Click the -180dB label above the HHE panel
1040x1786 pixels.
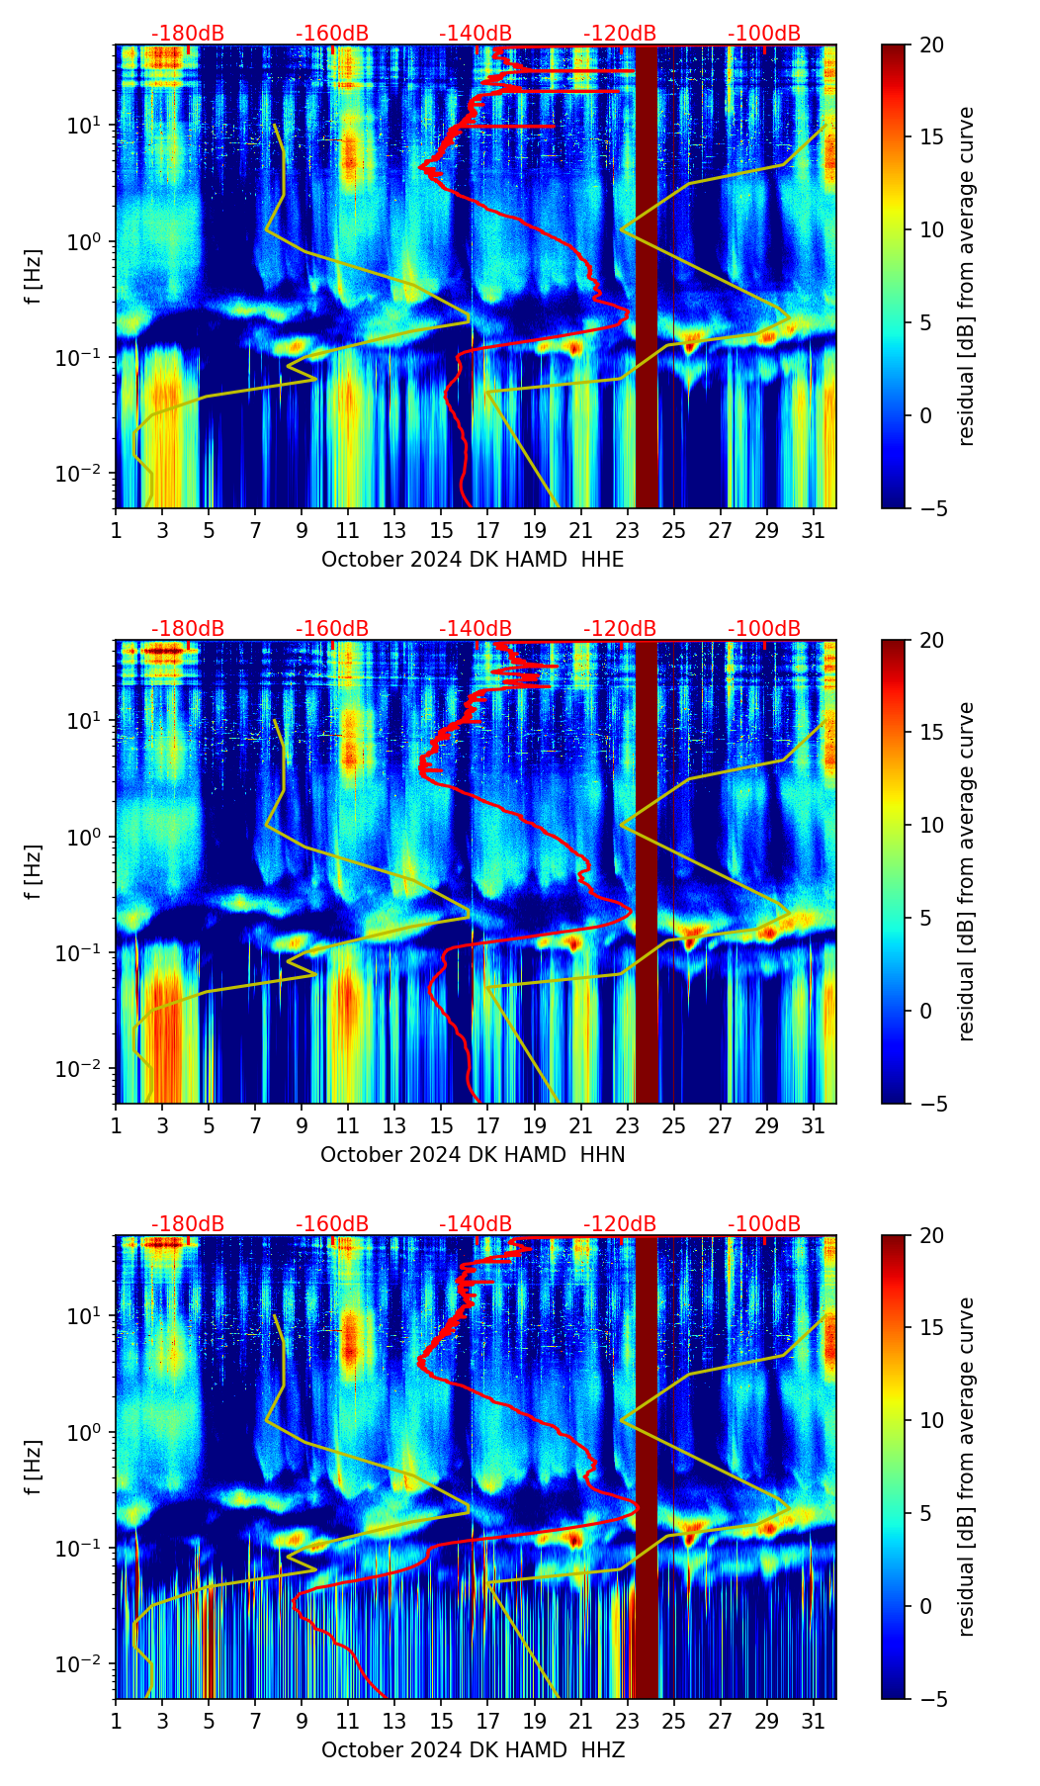(x=188, y=34)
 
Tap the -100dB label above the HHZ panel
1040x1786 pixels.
(x=764, y=1224)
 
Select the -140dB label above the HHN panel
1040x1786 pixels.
(x=476, y=629)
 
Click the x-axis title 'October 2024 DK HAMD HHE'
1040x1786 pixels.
(x=473, y=560)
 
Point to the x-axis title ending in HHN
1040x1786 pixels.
(x=473, y=1155)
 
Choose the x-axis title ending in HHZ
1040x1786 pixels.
(x=473, y=1750)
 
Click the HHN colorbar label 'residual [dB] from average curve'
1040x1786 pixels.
(x=966, y=871)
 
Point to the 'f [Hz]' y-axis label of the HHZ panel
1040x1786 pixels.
(x=33, y=1467)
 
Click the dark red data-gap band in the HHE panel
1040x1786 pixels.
(x=646, y=277)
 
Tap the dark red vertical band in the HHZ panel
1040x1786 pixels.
(x=646, y=1468)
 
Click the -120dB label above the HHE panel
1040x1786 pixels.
(x=620, y=34)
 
